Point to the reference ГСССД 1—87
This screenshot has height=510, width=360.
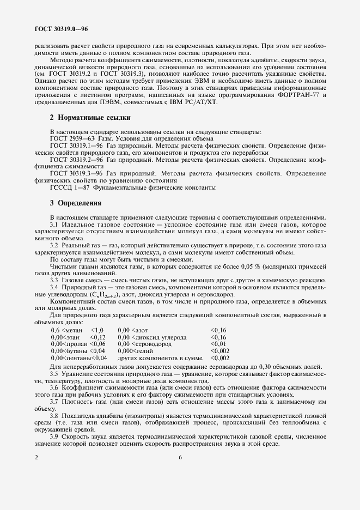(69, 188)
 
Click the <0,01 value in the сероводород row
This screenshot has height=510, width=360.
(218, 344)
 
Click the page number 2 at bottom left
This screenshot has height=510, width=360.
(36, 458)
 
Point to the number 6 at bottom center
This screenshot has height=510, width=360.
(180, 458)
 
